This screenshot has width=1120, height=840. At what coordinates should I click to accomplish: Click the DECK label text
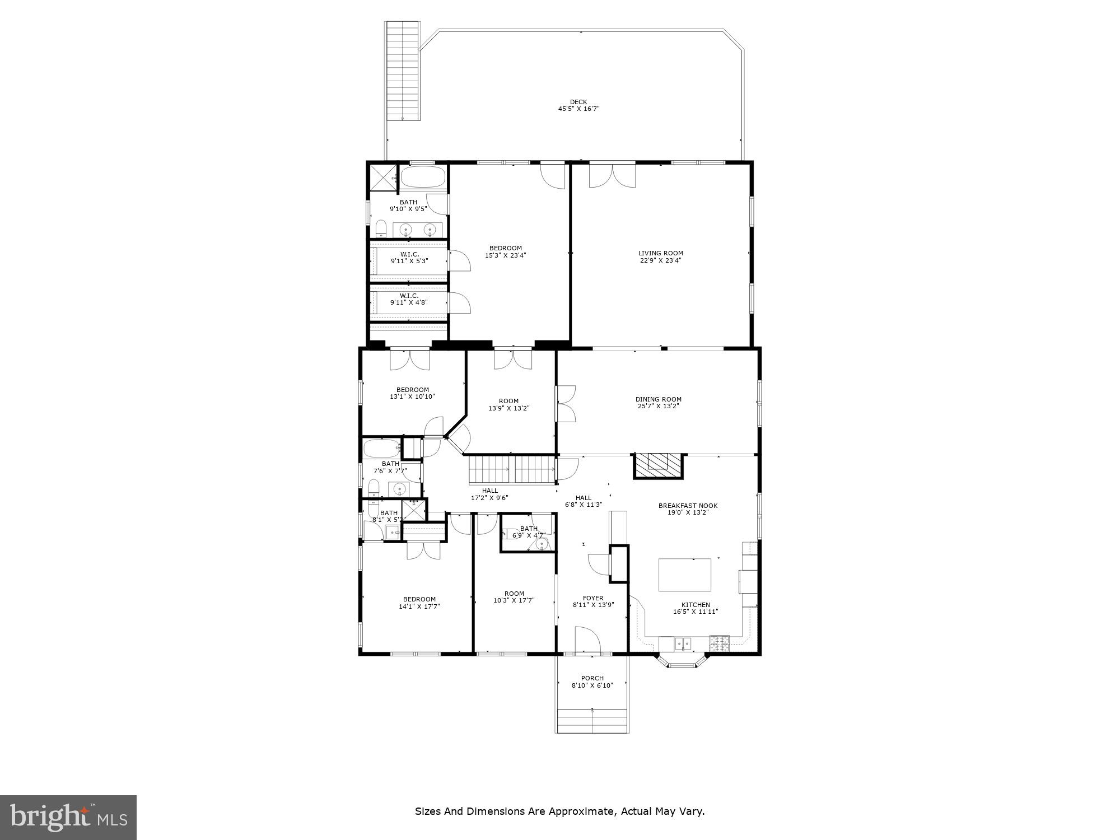click(578, 102)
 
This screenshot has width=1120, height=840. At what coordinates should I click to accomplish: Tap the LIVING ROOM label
click(661, 253)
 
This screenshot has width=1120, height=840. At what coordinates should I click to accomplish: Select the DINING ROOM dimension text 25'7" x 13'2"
click(658, 407)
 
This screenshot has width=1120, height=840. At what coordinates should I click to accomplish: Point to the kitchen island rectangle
click(684, 575)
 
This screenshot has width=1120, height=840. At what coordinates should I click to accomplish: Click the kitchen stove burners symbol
click(720, 643)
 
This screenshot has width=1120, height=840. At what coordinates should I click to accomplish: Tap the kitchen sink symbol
click(683, 643)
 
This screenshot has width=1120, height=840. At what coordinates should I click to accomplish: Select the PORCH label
click(592, 678)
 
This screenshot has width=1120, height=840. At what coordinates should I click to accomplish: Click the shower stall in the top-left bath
click(382, 178)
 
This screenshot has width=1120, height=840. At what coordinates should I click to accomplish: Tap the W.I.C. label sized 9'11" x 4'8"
click(409, 296)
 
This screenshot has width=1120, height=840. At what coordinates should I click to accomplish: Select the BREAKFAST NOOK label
click(688, 506)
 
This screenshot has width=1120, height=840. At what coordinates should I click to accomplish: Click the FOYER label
click(592, 598)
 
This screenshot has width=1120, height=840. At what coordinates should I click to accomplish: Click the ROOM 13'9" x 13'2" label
click(508, 401)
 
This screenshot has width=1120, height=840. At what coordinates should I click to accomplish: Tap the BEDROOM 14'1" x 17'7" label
click(419, 599)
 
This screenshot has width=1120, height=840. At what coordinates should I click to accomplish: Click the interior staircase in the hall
click(511, 469)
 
